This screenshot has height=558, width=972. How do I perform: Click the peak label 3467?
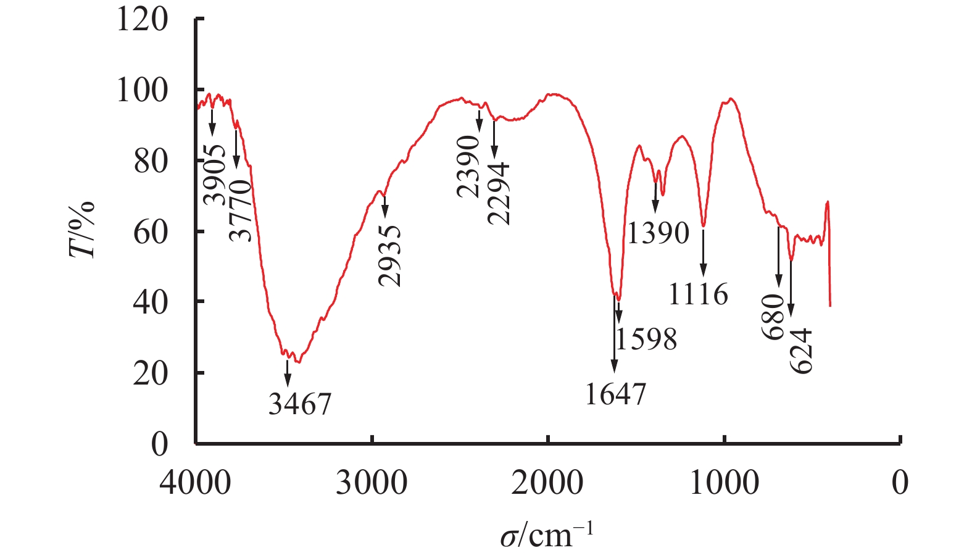300,404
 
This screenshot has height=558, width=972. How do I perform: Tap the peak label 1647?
615,394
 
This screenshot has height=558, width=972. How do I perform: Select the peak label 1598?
646,339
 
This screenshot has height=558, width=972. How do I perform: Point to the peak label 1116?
698,294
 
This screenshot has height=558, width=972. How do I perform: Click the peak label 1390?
658,233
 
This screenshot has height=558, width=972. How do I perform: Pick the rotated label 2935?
390,256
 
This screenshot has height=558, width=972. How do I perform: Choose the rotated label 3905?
215,175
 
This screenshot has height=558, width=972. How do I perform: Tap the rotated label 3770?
241,210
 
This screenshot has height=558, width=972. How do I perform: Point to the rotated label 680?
773,317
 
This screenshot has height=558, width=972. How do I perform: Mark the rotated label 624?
802,351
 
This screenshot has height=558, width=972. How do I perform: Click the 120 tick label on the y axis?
141,19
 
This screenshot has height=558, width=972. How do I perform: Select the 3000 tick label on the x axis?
372,482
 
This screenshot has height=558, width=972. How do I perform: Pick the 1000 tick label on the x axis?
724,482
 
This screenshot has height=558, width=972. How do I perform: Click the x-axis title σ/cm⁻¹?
547,534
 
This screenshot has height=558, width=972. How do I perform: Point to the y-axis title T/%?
82,229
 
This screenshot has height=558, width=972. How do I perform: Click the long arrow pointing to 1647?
614,333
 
